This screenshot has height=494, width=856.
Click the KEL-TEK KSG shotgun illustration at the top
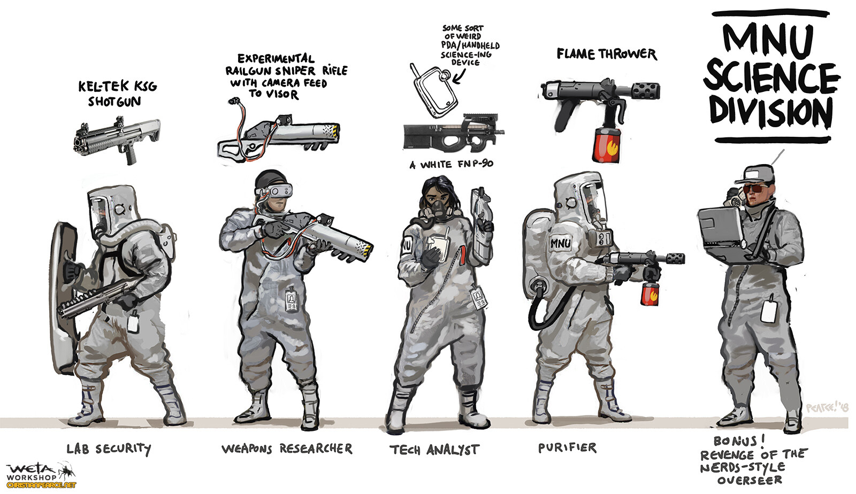tap(117, 138)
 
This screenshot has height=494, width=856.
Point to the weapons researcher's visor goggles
tap(279, 190)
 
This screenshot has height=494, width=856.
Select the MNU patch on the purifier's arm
tap(561, 243)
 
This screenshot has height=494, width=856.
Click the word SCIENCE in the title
tap(771, 78)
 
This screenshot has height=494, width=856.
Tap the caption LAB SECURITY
tap(108, 449)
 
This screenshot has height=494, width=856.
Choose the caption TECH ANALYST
tap(434, 450)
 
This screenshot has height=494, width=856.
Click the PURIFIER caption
tap(567, 447)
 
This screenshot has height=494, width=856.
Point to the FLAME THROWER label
tap(606, 54)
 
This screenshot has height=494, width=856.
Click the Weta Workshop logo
tap(40, 473)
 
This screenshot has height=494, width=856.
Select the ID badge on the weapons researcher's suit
tap(291, 299)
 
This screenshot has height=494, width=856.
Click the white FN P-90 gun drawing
tap(452, 134)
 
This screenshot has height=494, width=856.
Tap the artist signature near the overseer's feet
tap(827, 407)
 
